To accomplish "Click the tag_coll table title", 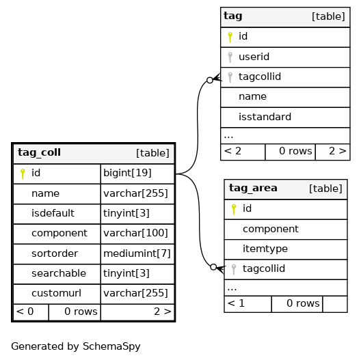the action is click(39, 152).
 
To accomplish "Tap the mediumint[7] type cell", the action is click(137, 253).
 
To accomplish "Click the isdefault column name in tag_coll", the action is click(53, 213).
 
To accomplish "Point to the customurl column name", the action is click(56, 293).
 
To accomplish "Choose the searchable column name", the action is click(59, 273).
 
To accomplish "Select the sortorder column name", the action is click(55, 253).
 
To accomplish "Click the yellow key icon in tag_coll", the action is click(23, 174).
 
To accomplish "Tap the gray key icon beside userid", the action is click(230, 57).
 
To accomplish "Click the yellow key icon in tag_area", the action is click(234, 209).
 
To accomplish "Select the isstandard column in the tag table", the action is click(265, 117).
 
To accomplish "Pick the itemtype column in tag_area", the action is click(265, 249).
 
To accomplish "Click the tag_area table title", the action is click(253, 188).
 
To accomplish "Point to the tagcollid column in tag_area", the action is click(264, 268).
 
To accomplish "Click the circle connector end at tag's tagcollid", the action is click(210, 81).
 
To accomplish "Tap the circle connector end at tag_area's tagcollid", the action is click(213, 267).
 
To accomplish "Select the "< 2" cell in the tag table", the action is click(243, 152).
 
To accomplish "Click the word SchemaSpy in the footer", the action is click(111, 346).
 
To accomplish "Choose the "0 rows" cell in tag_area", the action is click(297, 304).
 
